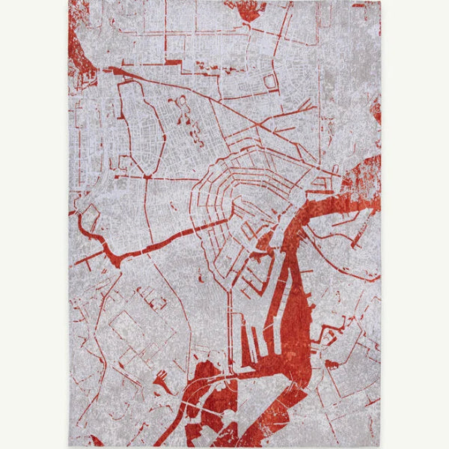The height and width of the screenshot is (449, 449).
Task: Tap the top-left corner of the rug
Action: [68, 1]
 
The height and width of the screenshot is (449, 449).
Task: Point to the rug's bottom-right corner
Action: [381, 447]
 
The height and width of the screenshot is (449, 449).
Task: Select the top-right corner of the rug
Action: [380, 1]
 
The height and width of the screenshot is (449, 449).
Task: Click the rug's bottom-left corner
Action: [69, 446]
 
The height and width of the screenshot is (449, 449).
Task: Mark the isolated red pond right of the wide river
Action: [331, 364]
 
